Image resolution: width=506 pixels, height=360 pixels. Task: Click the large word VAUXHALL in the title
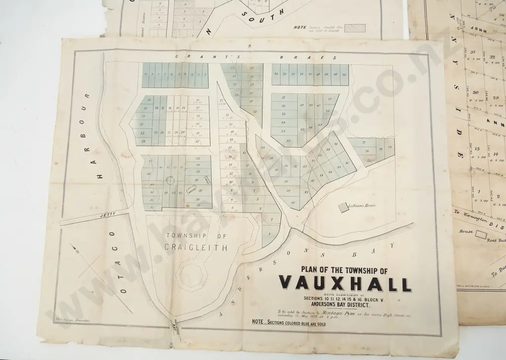[x=345, y=284]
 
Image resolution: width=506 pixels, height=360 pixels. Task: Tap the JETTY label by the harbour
[x=107, y=215]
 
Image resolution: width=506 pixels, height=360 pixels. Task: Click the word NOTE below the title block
[x=257, y=321]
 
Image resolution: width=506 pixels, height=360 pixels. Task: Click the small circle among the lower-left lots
[x=169, y=180]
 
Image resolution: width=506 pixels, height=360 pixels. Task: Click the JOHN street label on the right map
[x=479, y=31]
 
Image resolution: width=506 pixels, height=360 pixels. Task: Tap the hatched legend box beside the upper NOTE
[x=354, y=28]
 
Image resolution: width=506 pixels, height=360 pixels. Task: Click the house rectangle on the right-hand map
[x=480, y=235]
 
